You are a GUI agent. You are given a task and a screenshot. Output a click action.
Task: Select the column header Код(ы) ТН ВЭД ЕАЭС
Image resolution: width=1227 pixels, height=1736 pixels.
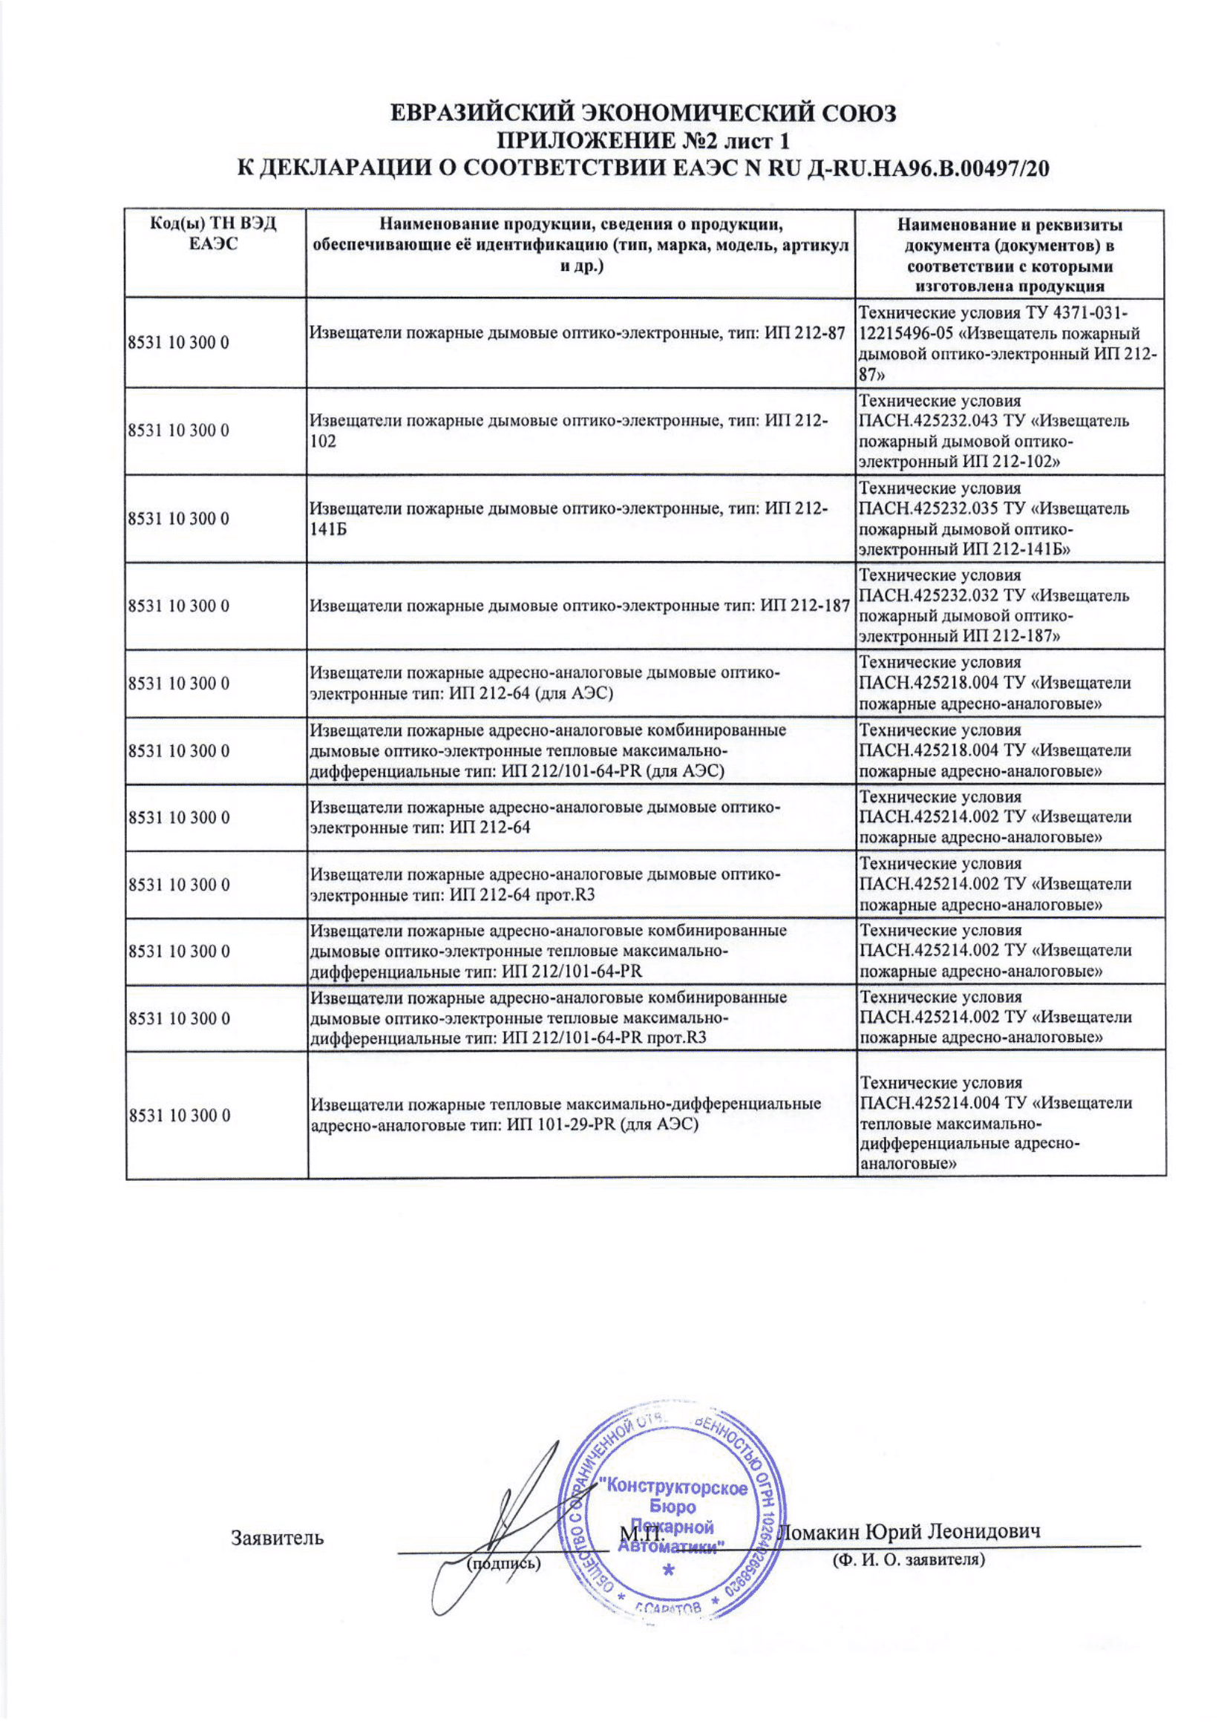click(x=215, y=234)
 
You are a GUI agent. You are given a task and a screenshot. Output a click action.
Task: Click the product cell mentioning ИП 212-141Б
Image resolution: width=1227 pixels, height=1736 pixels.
click(x=578, y=519)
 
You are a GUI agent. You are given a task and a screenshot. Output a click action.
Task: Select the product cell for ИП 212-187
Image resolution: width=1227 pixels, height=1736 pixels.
click(x=580, y=606)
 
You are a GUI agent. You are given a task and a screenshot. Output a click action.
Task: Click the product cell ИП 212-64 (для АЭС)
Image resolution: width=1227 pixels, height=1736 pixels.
click(x=544, y=683)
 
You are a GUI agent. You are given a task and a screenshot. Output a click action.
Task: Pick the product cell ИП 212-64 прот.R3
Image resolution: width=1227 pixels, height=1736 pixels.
click(x=544, y=885)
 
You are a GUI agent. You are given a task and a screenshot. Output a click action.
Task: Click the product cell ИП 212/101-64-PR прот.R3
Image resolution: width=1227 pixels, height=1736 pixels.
click(x=548, y=1017)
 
